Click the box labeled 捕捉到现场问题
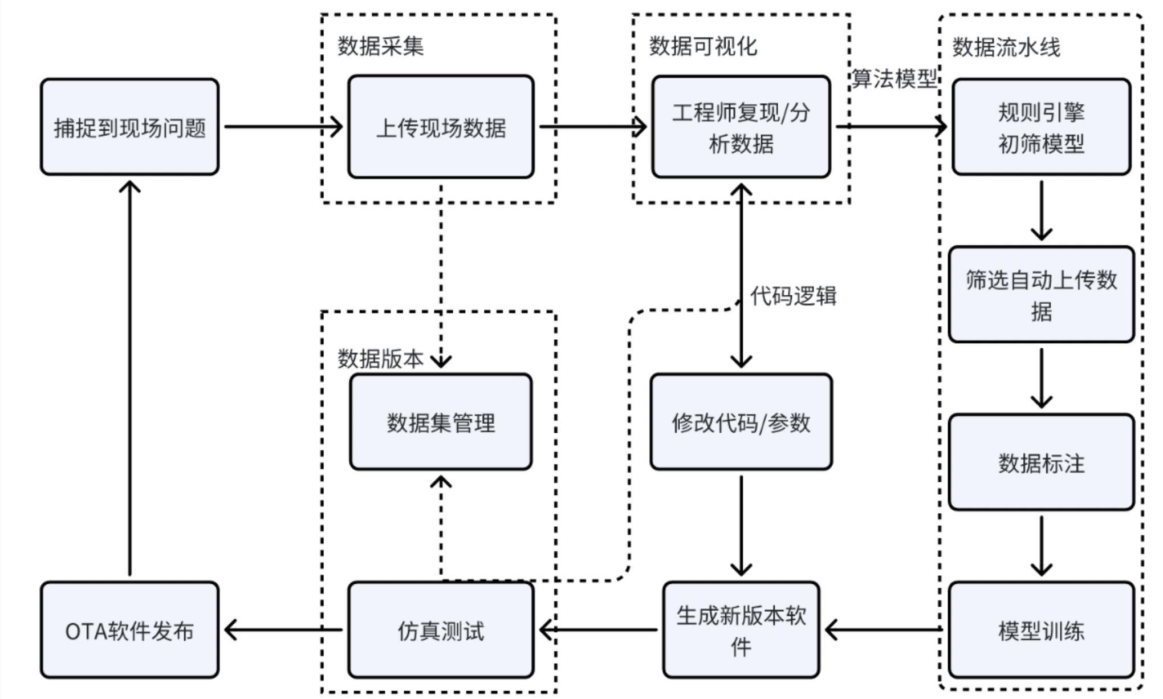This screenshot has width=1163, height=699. pyautogui.click(x=129, y=127)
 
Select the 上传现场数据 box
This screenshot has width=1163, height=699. pyautogui.click(x=441, y=127)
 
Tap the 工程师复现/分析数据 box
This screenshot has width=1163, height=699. pyautogui.click(x=741, y=127)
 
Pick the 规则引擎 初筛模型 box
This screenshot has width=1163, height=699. pyautogui.click(x=1042, y=127)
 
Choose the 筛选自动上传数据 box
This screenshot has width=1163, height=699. pyautogui.click(x=1042, y=294)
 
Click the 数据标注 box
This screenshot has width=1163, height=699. pyautogui.click(x=1042, y=462)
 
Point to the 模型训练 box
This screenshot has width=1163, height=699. pyautogui.click(x=1042, y=630)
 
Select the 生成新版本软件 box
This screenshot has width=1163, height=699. pyautogui.click(x=741, y=630)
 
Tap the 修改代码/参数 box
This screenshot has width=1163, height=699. pyautogui.click(x=741, y=422)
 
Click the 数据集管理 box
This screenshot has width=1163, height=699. pyautogui.click(x=441, y=422)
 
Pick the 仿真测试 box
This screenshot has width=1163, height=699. pyautogui.click(x=441, y=630)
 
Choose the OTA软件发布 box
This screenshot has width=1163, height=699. pyautogui.click(x=129, y=630)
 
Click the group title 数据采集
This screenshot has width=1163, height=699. pyautogui.click(x=381, y=46)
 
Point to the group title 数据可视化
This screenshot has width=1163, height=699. pyautogui.click(x=704, y=46)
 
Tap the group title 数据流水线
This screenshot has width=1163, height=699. pyautogui.click(x=1007, y=47)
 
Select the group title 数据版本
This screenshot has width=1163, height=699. pyautogui.click(x=381, y=359)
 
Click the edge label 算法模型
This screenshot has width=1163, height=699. pyautogui.click(x=894, y=78)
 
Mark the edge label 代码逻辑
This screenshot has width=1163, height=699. pyautogui.click(x=794, y=296)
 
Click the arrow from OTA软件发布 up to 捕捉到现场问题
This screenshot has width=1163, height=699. pyautogui.click(x=130, y=378)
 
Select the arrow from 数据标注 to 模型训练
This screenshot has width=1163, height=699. pyautogui.click(x=1042, y=546)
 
